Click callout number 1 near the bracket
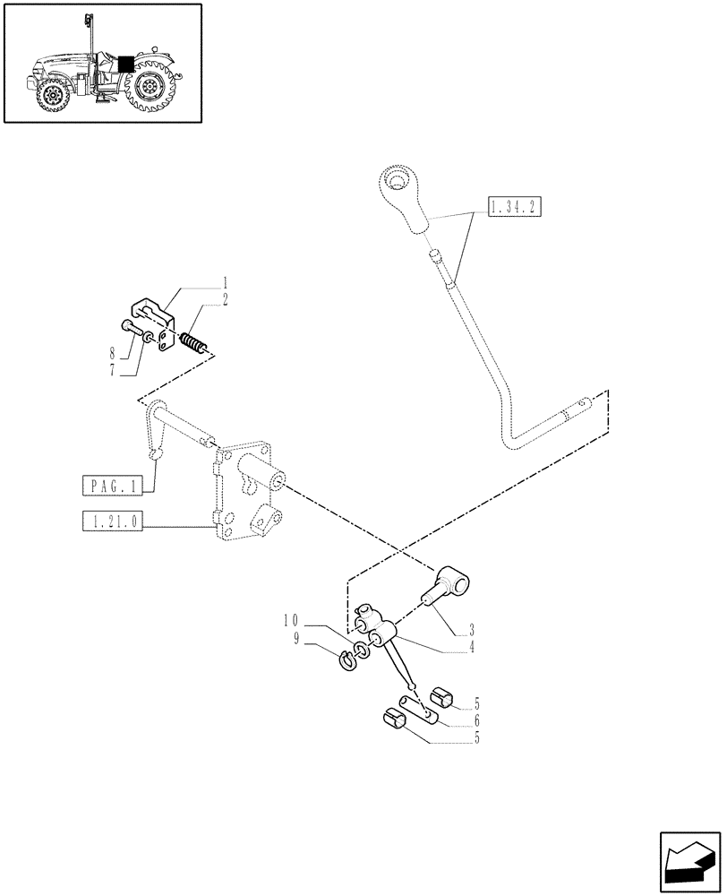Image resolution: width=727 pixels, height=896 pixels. [225, 282]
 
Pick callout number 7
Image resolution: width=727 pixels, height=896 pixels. [113, 369]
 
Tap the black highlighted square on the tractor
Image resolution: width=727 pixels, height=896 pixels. [126, 65]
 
